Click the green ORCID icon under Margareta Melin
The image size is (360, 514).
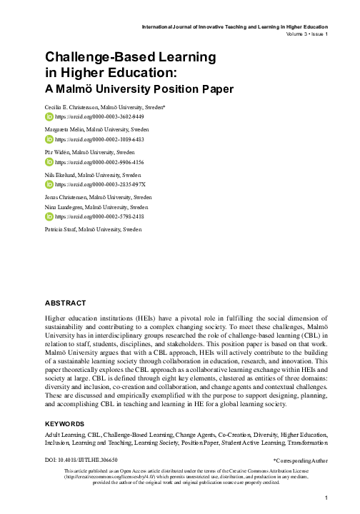[x=49, y=139]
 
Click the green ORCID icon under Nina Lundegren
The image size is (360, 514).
[x=49, y=216]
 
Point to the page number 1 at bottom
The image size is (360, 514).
[x=325, y=498]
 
